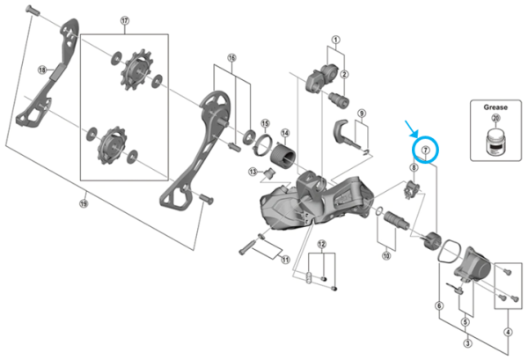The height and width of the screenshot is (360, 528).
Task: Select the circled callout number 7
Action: pos(425,152)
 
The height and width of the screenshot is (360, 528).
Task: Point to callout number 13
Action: pos(252,171)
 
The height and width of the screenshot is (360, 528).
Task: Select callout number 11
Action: pos(284,260)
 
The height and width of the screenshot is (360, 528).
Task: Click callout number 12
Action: pos(322,244)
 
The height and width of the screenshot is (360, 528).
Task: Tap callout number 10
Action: pos(385,256)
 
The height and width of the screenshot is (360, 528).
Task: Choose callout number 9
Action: pos(361,114)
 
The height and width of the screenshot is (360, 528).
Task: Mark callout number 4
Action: pos(507,331)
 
